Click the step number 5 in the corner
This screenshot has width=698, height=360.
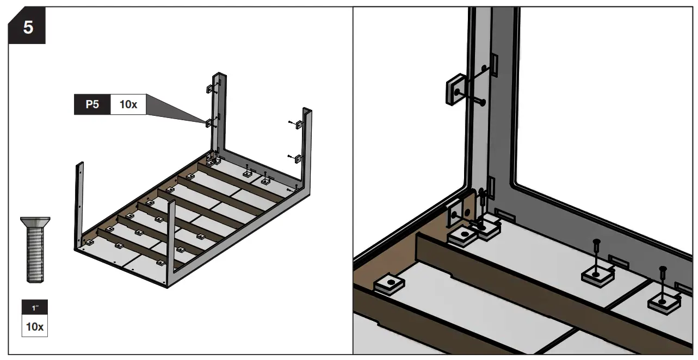click(x=27, y=27)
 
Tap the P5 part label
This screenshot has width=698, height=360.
click(x=92, y=104)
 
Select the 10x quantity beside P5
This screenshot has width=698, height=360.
click(x=128, y=104)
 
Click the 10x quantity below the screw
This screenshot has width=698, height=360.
click(x=35, y=327)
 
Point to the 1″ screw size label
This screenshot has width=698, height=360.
click(x=35, y=308)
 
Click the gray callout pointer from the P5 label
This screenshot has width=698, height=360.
click(x=174, y=111)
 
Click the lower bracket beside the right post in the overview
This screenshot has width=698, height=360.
click(x=298, y=159)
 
